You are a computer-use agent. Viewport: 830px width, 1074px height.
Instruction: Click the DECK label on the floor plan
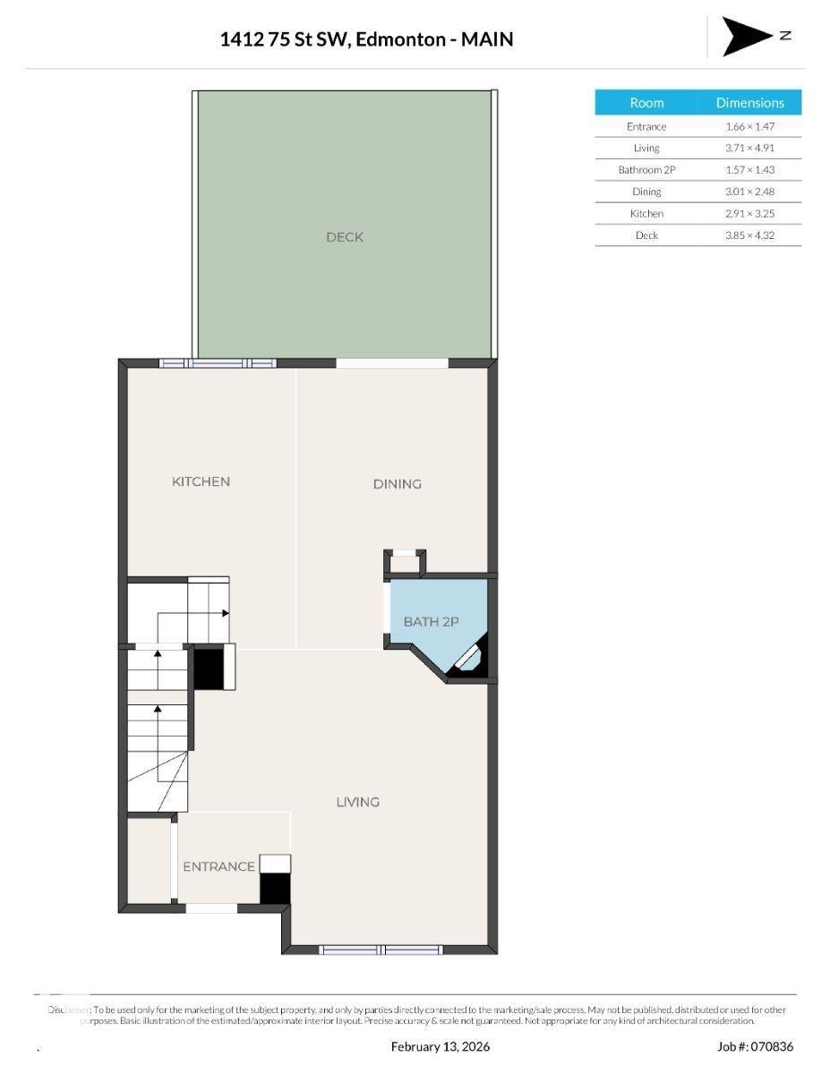tap(345, 237)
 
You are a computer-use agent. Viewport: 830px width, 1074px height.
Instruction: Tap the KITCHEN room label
tap(201, 482)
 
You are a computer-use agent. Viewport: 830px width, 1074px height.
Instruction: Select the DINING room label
tap(397, 484)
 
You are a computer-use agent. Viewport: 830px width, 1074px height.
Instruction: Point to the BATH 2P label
tap(431, 621)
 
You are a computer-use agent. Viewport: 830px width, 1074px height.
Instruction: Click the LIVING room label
tap(357, 802)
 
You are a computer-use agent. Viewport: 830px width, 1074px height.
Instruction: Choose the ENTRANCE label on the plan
tap(218, 866)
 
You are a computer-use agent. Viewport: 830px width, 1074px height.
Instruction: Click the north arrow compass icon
tap(748, 36)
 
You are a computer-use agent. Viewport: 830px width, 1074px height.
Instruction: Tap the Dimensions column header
tap(749, 103)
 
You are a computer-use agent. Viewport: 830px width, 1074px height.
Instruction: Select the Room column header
tap(646, 103)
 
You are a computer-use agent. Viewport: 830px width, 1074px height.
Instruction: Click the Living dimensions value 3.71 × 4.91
tap(749, 149)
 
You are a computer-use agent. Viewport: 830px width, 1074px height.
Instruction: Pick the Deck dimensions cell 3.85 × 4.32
tap(749, 235)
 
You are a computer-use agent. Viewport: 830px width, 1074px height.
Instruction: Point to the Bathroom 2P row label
tap(646, 170)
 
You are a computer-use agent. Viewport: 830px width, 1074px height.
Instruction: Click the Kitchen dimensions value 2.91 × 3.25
tap(749, 214)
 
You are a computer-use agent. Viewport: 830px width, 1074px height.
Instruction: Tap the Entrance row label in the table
tap(646, 127)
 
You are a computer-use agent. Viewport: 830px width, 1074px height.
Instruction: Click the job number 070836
tap(768, 1046)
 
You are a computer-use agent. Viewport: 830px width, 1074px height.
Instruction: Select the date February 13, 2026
tap(441, 1046)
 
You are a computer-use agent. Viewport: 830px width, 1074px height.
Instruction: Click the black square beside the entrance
tap(276, 888)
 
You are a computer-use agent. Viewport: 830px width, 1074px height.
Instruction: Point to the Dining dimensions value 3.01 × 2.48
tap(749, 192)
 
